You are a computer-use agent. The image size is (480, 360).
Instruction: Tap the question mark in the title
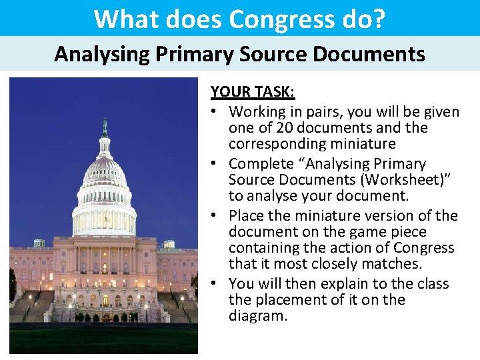click(379, 19)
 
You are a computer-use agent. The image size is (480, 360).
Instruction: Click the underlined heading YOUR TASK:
click(253, 91)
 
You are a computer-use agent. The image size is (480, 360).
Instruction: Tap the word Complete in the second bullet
click(261, 164)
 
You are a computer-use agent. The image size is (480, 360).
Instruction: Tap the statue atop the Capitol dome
click(105, 127)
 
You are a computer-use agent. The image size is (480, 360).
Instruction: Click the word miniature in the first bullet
click(364, 144)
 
